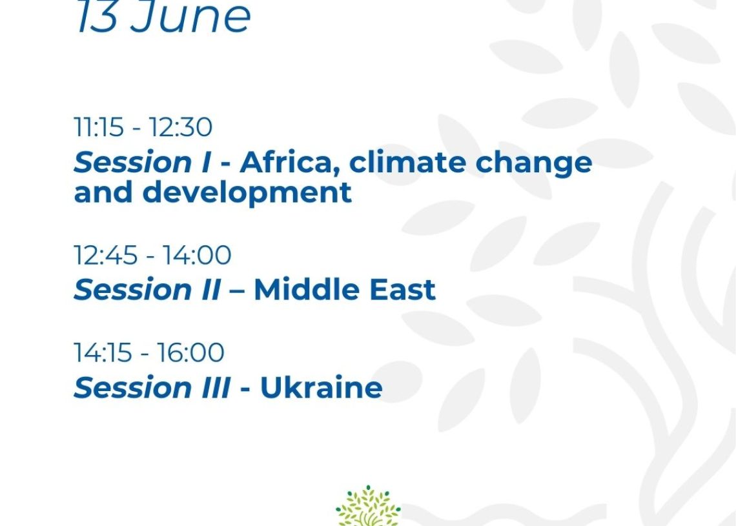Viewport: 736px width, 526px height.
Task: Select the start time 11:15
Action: (99, 127)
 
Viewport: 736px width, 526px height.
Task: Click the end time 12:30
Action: (180, 127)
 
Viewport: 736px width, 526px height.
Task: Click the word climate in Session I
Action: (407, 163)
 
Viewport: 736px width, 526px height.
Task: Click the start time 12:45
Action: (106, 256)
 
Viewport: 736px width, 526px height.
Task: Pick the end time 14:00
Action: (197, 256)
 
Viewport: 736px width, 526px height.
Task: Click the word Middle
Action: (307, 290)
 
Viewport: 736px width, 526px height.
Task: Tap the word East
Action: (402, 290)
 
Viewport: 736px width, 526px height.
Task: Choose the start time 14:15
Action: (102, 353)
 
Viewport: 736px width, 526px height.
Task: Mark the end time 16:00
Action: (190, 353)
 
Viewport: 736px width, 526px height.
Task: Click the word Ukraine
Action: (321, 388)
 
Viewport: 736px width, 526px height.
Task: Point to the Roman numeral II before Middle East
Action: (210, 290)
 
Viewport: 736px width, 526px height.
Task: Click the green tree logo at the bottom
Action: (368, 506)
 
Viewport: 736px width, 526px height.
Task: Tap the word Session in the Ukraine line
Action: (132, 388)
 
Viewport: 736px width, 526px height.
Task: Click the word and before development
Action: (103, 193)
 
